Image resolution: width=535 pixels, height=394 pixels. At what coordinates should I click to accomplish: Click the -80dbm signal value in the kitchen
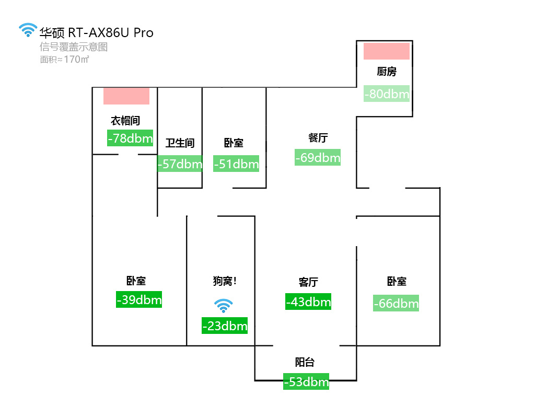coord(387,94)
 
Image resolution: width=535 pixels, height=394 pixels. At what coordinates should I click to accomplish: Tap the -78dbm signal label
coord(130,138)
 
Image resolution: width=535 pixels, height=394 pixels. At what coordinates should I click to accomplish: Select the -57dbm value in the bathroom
coord(180,164)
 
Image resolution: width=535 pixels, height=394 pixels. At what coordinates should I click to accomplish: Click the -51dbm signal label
coord(236,164)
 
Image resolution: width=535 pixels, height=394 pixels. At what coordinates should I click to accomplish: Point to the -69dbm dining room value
coord(318,157)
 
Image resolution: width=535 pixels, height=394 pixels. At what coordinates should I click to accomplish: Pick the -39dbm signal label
coord(139,299)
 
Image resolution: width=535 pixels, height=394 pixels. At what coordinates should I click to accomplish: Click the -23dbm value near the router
coord(225,326)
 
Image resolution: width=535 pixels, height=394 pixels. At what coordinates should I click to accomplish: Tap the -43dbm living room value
coord(308,302)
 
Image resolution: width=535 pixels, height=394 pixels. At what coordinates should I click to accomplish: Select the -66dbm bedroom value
coord(396,303)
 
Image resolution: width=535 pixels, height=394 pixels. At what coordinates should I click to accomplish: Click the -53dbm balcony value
coord(306,381)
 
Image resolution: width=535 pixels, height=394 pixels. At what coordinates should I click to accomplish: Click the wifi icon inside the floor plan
coord(224,306)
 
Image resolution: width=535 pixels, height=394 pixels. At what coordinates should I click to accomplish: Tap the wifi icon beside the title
coord(28,30)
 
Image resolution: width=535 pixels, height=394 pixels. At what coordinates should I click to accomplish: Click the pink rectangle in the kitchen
coord(387,51)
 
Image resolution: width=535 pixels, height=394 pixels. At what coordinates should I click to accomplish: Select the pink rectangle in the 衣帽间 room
coord(126,96)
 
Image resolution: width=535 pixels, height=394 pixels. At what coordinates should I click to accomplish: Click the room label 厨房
coord(387,72)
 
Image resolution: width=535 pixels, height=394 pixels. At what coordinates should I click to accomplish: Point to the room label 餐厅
coord(318,138)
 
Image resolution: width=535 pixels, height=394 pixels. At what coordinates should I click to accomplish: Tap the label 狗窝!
coord(225,281)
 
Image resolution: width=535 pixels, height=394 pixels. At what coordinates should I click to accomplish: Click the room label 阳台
coord(305,362)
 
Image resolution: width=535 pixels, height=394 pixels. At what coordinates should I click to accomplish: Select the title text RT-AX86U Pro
coord(111,32)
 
